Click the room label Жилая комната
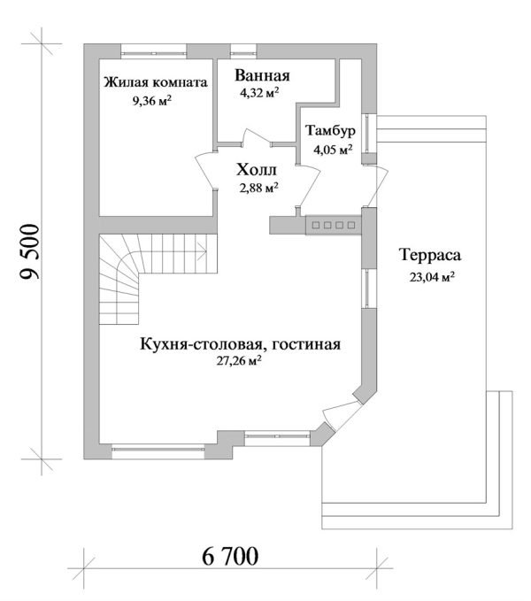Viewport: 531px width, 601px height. click(x=156, y=83)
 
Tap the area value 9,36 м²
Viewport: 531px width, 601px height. click(x=151, y=101)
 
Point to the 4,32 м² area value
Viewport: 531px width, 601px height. click(x=260, y=91)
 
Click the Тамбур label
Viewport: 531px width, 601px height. click(x=330, y=131)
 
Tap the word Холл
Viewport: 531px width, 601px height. click(x=258, y=169)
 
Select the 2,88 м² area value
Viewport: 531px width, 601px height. click(x=258, y=187)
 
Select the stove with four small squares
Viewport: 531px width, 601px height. click(x=331, y=227)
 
